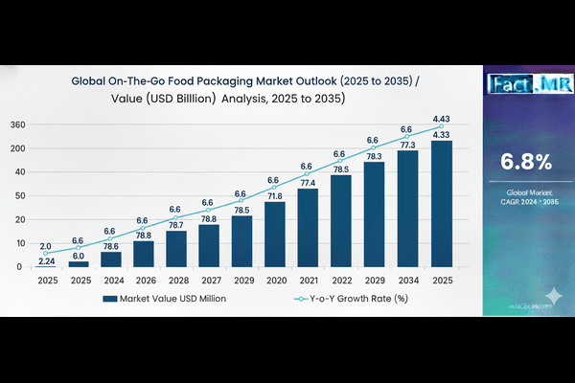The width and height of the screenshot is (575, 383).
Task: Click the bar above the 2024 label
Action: coord(111,259)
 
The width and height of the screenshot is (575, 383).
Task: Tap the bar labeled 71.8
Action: coord(275,235)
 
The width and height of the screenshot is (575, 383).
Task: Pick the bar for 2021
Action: coord(308,228)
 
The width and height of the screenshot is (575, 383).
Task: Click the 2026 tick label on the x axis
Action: coord(144,282)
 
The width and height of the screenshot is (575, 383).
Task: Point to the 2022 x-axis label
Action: coord(340,282)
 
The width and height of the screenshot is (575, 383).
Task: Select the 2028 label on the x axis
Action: coord(176,282)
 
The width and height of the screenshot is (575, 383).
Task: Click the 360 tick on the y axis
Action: coord(17,125)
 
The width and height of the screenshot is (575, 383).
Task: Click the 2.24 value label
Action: coord(45,261)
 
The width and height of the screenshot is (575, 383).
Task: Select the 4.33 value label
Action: coord(441,135)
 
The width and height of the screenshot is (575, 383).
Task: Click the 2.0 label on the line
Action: coord(45,246)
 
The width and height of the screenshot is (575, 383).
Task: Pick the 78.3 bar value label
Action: coord(374,156)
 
